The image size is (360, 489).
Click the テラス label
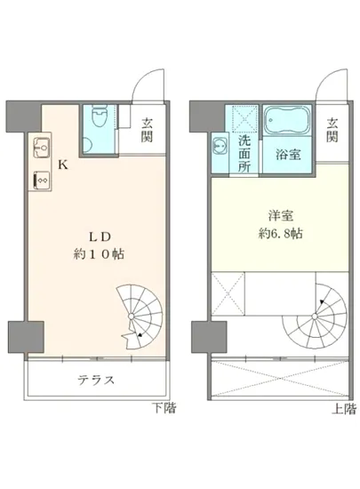[x=95, y=380]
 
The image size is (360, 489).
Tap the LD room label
[x=97, y=237]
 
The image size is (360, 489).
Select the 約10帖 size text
[x=97, y=254]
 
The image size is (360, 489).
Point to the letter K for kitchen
[x=62, y=164]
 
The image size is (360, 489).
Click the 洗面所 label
[x=244, y=153]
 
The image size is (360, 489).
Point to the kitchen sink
[x=41, y=148]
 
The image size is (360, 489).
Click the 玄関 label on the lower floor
[x=148, y=131]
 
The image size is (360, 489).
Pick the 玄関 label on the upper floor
[x=332, y=130]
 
